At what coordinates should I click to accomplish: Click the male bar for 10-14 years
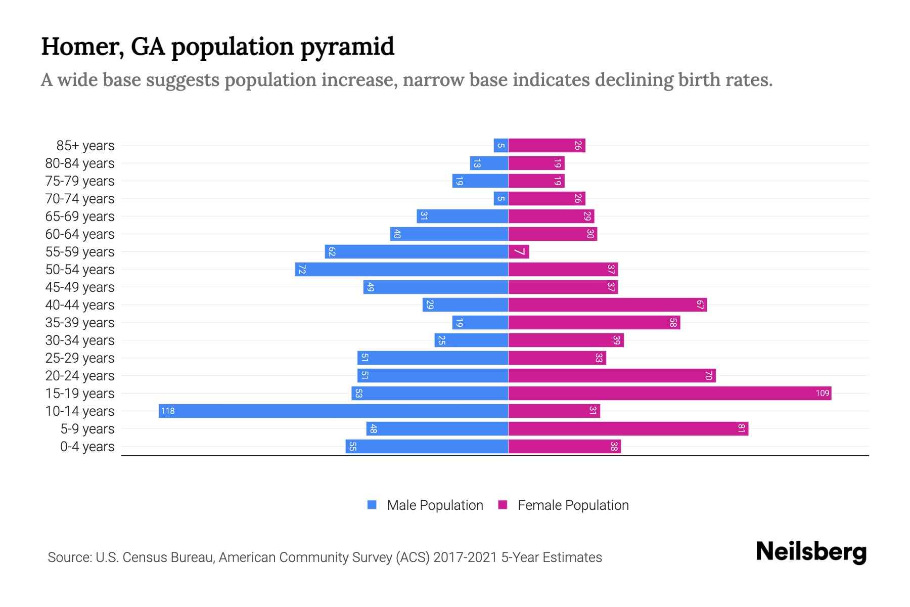(334, 411)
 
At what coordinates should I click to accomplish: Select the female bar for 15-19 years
(670, 393)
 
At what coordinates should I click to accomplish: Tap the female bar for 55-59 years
(519, 251)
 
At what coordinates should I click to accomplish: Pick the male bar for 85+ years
(501, 145)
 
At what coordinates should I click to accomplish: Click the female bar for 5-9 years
(628, 428)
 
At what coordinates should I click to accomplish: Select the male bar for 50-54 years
(402, 269)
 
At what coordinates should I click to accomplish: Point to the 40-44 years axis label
(80, 305)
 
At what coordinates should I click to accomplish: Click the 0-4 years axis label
(87, 446)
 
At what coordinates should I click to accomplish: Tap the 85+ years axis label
(85, 145)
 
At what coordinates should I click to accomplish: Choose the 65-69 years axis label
(80, 216)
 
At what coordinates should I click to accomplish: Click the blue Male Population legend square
(372, 505)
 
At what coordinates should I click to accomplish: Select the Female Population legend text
(573, 505)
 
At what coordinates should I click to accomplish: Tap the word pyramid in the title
(347, 47)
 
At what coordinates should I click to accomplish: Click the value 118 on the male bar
(168, 411)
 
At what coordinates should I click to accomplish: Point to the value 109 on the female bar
(822, 393)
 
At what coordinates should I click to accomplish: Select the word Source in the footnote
(69, 557)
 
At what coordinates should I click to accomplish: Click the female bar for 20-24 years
(612, 375)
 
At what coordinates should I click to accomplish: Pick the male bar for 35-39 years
(480, 322)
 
